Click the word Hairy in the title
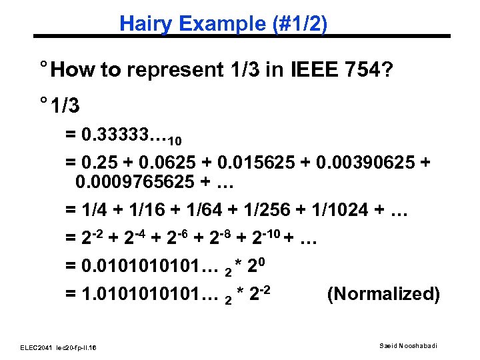(x=142, y=24)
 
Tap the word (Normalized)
(x=383, y=294)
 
